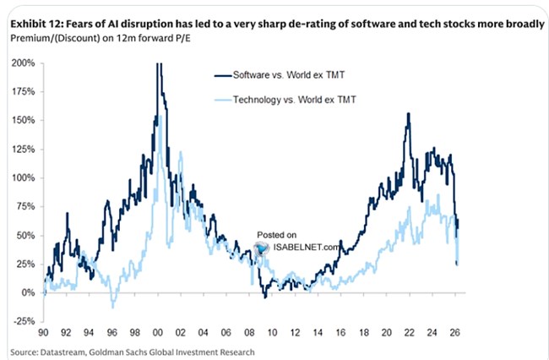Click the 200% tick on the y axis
click(23, 63)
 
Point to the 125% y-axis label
click(23, 150)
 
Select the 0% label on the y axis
click(29, 293)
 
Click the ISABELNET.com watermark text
click(304, 247)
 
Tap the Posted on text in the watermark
click(278, 235)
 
